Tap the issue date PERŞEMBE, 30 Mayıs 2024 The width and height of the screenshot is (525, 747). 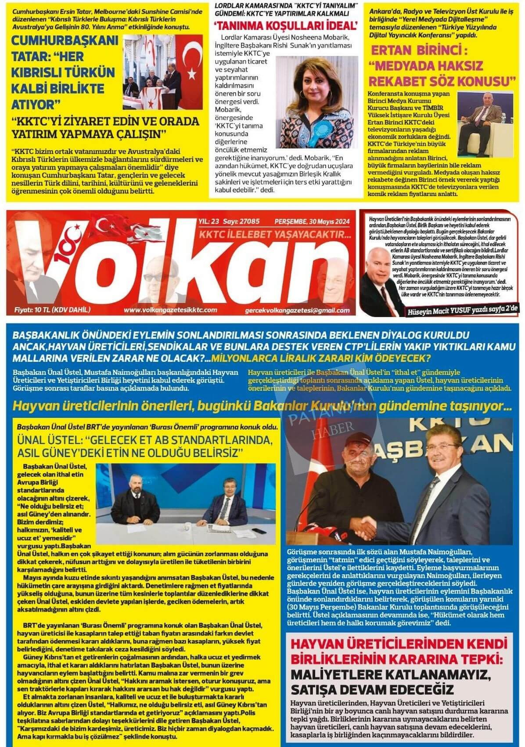pyautogui.click(x=312, y=222)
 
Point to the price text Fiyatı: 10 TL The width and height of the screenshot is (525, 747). pyautogui.click(x=52, y=309)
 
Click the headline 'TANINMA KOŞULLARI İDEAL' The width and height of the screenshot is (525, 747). pyautogui.click(x=285, y=25)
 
